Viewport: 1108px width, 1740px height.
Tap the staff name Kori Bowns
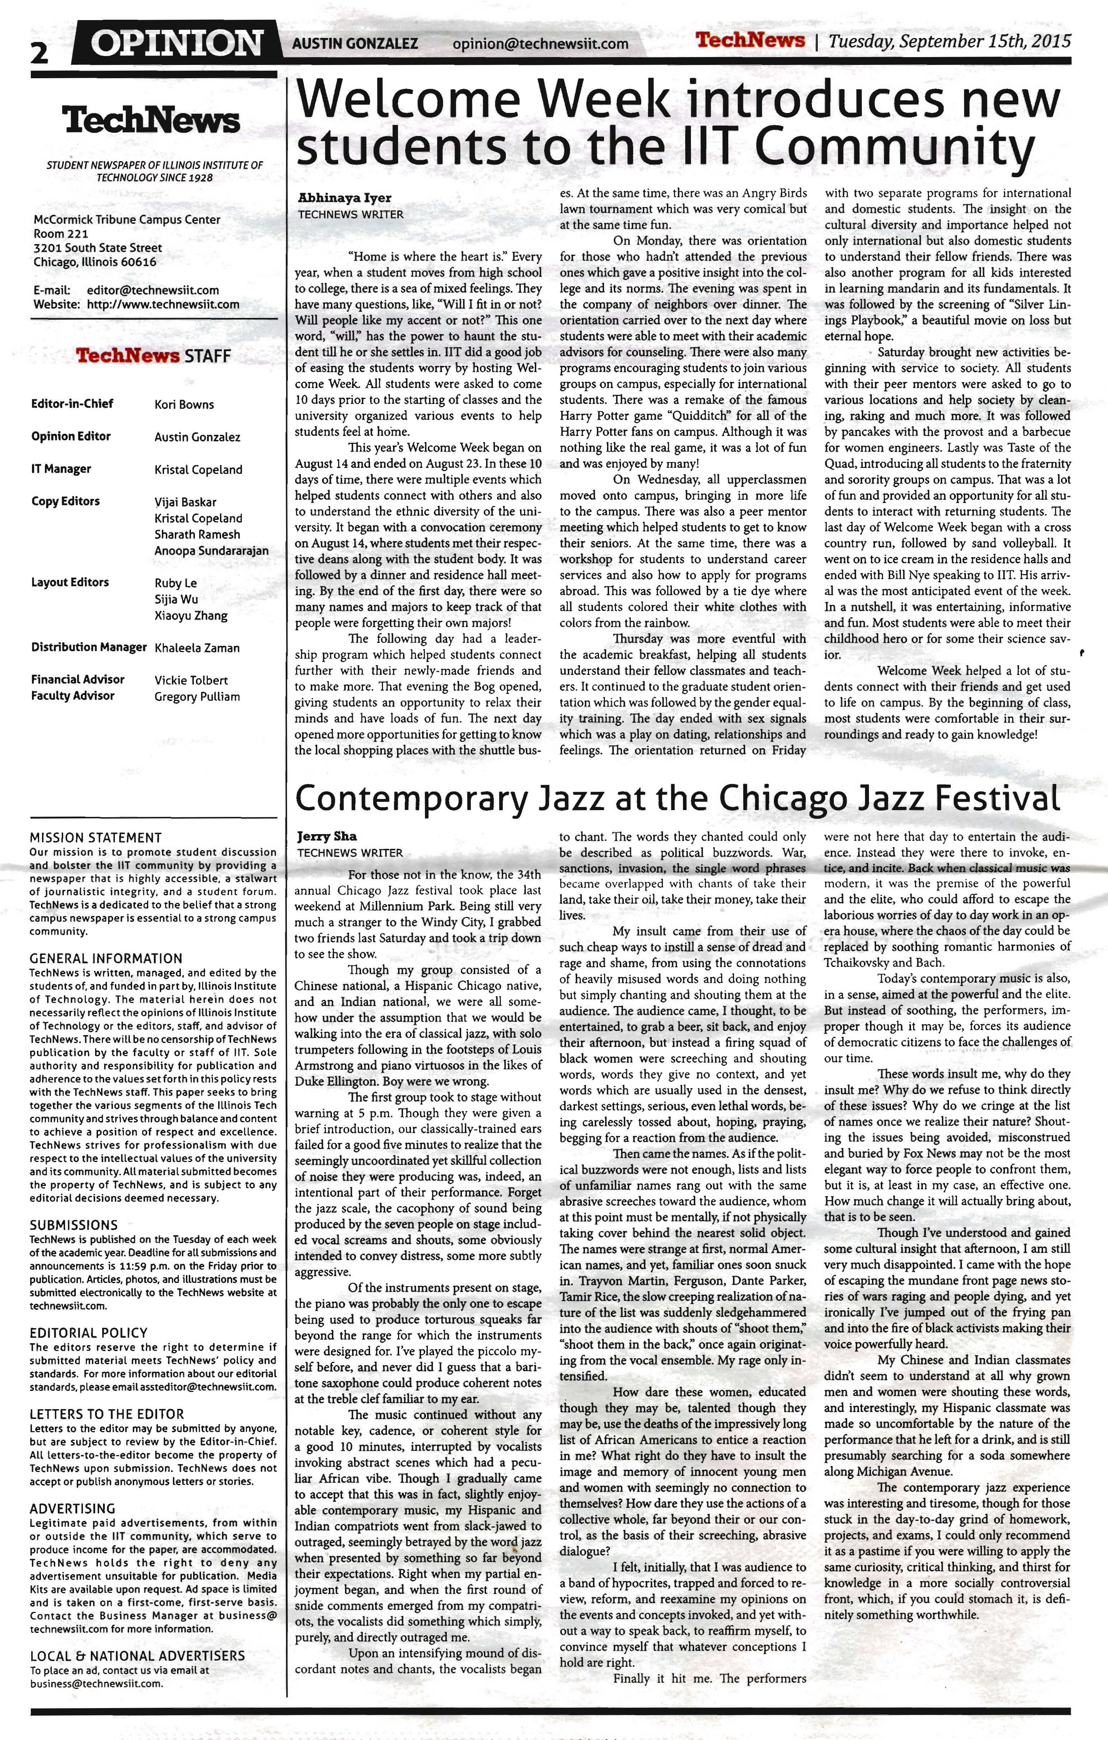click(184, 405)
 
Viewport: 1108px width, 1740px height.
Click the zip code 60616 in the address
click(138, 262)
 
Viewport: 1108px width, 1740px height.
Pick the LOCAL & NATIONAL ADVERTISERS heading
click(137, 1655)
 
